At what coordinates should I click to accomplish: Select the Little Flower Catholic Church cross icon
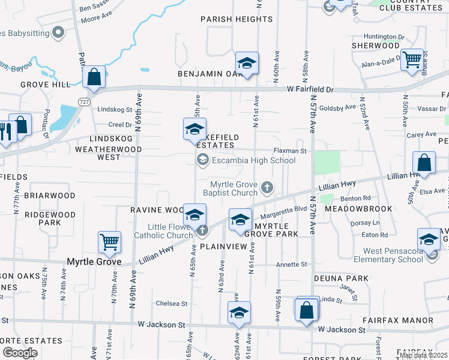point(203,230)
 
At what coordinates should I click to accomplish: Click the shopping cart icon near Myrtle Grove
point(110,242)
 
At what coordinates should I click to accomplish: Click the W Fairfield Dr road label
point(310,89)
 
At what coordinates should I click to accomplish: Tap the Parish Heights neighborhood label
point(237,19)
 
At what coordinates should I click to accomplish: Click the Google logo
point(20,353)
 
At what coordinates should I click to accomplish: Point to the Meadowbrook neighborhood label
point(358,209)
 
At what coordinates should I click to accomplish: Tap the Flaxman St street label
point(290,151)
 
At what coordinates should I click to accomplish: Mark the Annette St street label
point(291,264)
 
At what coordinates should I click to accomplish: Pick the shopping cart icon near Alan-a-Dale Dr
point(412,59)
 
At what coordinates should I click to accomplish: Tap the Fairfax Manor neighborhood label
point(405,320)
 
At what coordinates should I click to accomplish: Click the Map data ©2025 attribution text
point(423,355)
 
